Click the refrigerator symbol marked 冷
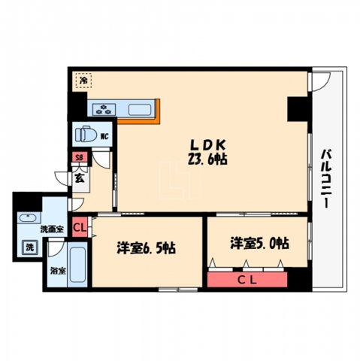pos(83,80)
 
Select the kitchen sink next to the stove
pos(138,110)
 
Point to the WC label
pos(104,136)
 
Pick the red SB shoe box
pos(80,157)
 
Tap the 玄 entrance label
pos(80,178)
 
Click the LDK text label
pos(208,144)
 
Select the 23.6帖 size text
pos(207,159)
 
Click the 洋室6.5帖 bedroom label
pos(147,248)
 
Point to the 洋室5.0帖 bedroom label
pos(260,243)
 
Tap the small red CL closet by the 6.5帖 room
pos(80,227)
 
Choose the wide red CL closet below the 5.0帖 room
pos(247,280)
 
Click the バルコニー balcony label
pos(326,178)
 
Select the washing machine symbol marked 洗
pos(30,247)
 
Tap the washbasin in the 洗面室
pos(29,218)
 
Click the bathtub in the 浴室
pos(77,265)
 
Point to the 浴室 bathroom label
pos(58,271)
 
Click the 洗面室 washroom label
pos(52,229)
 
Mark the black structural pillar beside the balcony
pos(298,109)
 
